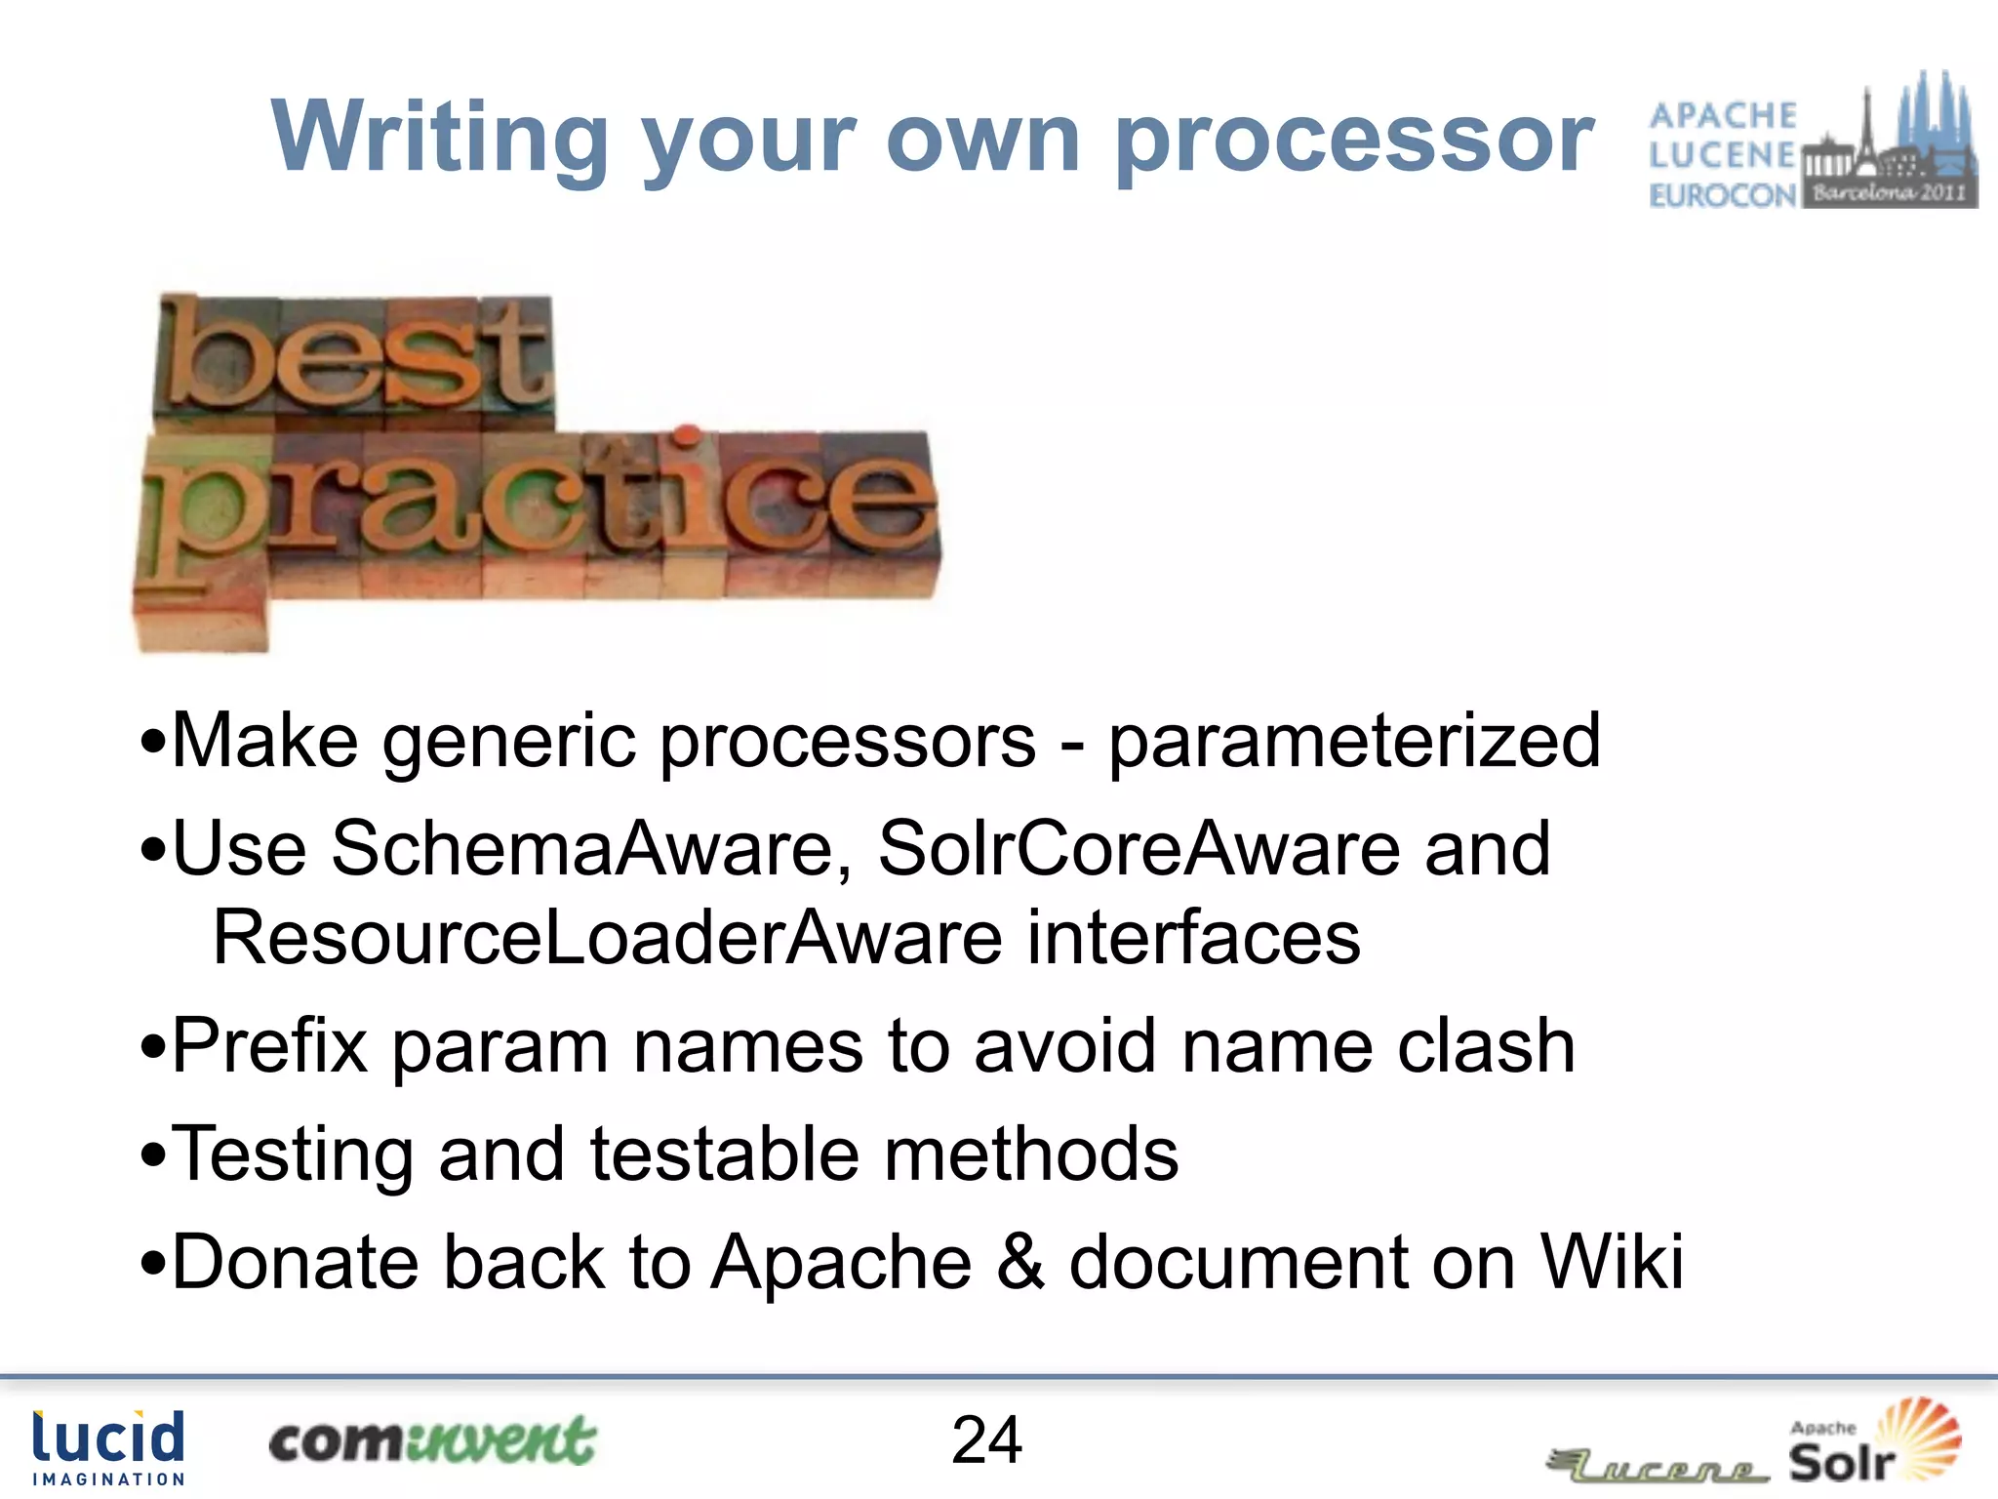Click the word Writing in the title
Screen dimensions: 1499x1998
click(439, 137)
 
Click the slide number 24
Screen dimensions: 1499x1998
click(986, 1440)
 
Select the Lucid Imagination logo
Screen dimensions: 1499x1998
click(108, 1447)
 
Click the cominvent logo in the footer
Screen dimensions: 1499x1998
click(431, 1441)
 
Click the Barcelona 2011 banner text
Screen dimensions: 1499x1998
click(1889, 192)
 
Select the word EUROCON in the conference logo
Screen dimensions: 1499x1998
click(1722, 195)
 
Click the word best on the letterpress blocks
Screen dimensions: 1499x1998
click(353, 357)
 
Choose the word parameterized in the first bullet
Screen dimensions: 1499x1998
click(1354, 742)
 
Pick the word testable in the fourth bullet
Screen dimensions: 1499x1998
click(724, 1155)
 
